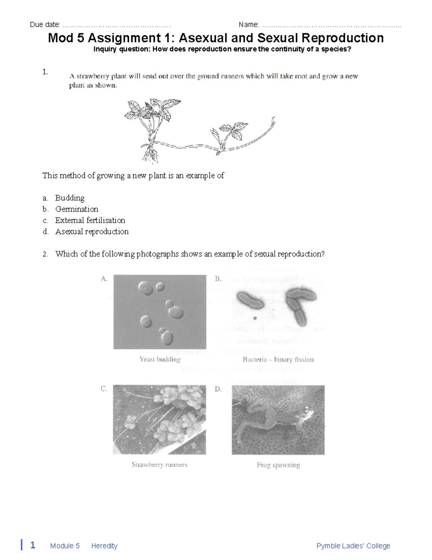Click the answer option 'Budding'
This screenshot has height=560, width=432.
(69, 198)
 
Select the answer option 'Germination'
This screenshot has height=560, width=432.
(76, 209)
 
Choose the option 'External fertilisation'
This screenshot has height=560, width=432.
(90, 220)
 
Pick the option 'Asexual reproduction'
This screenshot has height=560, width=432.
(92, 232)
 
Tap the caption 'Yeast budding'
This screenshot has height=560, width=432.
(160, 359)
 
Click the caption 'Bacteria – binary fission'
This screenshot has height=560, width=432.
(278, 360)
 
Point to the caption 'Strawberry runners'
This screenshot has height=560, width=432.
(159, 465)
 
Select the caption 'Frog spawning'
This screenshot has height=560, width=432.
(278, 465)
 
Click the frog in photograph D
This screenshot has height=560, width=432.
(274, 418)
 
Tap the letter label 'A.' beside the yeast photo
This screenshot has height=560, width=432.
(104, 278)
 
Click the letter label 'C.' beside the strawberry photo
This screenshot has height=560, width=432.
(104, 389)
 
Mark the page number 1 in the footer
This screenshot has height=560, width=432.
(32, 545)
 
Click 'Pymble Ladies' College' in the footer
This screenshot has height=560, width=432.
(353, 546)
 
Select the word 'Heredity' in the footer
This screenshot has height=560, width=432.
(104, 546)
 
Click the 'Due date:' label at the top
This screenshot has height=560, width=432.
(45, 25)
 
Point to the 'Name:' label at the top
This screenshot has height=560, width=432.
(249, 25)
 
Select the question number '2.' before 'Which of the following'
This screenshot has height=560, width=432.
(45, 254)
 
